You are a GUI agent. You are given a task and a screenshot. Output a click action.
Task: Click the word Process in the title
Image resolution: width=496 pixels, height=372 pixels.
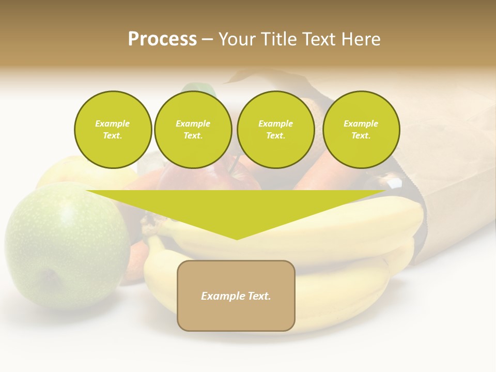(x=162, y=39)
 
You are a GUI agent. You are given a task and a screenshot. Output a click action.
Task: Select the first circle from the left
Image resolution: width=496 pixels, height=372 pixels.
(x=113, y=130)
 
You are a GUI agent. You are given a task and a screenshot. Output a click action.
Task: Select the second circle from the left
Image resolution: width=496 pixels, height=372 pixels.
(x=193, y=130)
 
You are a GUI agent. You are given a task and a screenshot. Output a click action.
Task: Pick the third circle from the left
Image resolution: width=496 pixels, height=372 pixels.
(x=275, y=130)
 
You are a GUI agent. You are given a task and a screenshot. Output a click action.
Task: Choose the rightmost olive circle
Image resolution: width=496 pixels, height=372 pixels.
(x=361, y=130)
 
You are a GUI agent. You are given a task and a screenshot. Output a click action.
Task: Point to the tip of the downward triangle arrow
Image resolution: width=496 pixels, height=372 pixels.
(x=237, y=239)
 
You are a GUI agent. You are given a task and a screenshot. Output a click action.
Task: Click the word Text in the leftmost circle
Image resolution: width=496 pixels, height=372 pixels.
(x=112, y=136)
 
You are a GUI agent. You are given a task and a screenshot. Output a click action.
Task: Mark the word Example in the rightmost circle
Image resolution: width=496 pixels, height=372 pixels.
(x=361, y=123)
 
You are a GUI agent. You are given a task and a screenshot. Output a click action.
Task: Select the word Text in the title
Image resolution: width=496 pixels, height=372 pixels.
(x=317, y=39)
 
